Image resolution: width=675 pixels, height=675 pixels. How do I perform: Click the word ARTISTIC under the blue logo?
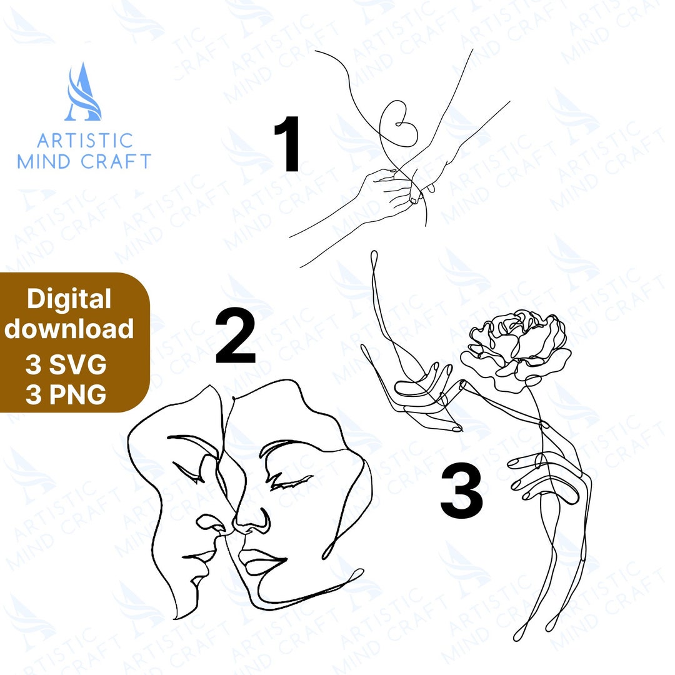(x=84, y=140)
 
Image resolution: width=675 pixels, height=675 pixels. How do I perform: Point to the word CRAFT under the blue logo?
(x=116, y=161)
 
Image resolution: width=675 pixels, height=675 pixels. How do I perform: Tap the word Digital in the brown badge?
(x=69, y=299)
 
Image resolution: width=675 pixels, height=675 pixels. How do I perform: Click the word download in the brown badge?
(x=69, y=329)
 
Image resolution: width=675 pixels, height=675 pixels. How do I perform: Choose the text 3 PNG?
(x=66, y=395)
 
